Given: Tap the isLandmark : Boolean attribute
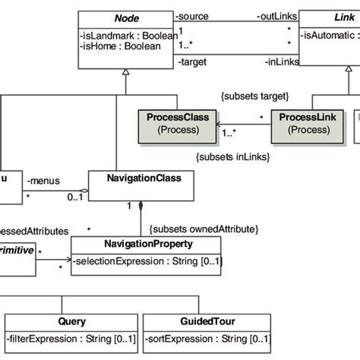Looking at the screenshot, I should click(127, 35).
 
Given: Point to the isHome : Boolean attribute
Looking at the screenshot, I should click(120, 46).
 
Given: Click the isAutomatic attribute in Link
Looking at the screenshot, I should click(330, 35).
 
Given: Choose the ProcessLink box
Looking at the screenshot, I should click(302, 124).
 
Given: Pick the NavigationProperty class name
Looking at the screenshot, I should click(146, 245).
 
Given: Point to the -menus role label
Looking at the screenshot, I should click(43, 182).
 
